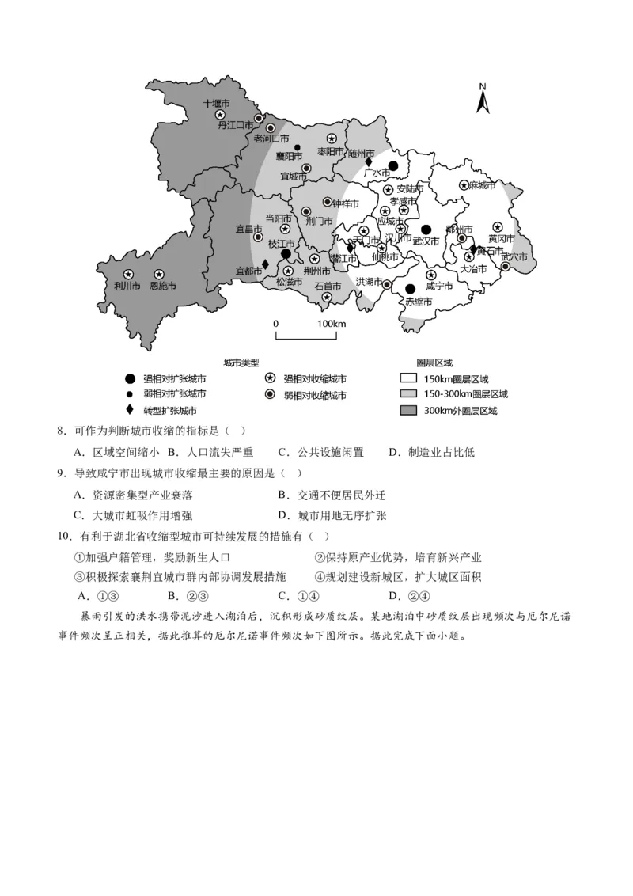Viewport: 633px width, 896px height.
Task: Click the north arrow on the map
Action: [x=483, y=99]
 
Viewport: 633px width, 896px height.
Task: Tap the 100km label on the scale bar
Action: [x=332, y=324]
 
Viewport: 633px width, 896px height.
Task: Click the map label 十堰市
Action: [x=216, y=104]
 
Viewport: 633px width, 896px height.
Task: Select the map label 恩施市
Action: [x=162, y=286]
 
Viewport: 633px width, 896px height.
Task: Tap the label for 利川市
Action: [x=127, y=286]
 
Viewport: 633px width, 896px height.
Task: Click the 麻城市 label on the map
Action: [x=482, y=185]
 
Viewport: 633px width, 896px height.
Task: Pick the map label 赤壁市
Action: [x=419, y=302]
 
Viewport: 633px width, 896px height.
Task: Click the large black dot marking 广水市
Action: [x=392, y=166]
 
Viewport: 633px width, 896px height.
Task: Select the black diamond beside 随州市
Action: [x=369, y=162]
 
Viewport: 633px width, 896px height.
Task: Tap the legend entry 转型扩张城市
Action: [x=170, y=411]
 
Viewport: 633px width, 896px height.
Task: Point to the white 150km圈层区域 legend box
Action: [x=408, y=379]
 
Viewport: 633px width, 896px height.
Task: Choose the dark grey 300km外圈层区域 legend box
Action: [x=408, y=411]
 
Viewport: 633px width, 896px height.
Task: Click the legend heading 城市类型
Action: [x=241, y=363]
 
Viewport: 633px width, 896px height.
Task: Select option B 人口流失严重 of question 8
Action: [x=210, y=453]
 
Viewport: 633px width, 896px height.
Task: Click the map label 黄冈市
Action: [x=502, y=238]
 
